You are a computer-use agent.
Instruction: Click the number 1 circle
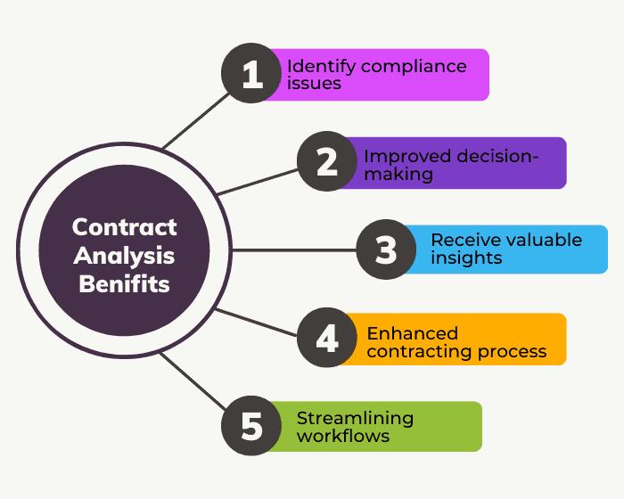click(x=251, y=73)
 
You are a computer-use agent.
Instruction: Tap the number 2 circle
click(x=327, y=161)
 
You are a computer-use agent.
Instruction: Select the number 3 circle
click(x=386, y=250)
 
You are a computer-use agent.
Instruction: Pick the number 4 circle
click(x=327, y=338)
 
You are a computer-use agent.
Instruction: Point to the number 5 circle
click(x=251, y=426)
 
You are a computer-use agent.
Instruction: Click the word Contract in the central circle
click(x=124, y=227)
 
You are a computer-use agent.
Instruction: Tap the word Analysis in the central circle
click(x=124, y=256)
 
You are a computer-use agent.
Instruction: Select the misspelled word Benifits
click(x=124, y=284)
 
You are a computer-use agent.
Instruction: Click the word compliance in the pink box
click(x=414, y=67)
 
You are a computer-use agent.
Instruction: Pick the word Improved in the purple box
click(x=408, y=157)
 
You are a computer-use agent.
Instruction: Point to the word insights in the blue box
click(x=466, y=258)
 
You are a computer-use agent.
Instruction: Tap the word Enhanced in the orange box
click(x=412, y=333)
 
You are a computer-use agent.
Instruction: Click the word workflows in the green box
click(x=343, y=436)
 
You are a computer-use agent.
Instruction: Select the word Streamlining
click(x=355, y=419)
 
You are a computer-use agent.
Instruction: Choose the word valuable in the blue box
click(x=540, y=240)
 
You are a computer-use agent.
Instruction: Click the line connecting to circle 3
click(x=293, y=250)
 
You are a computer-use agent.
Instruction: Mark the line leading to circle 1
click(x=196, y=120)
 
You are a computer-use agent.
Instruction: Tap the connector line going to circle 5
click(x=193, y=381)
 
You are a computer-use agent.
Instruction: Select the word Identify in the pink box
click(x=321, y=67)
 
